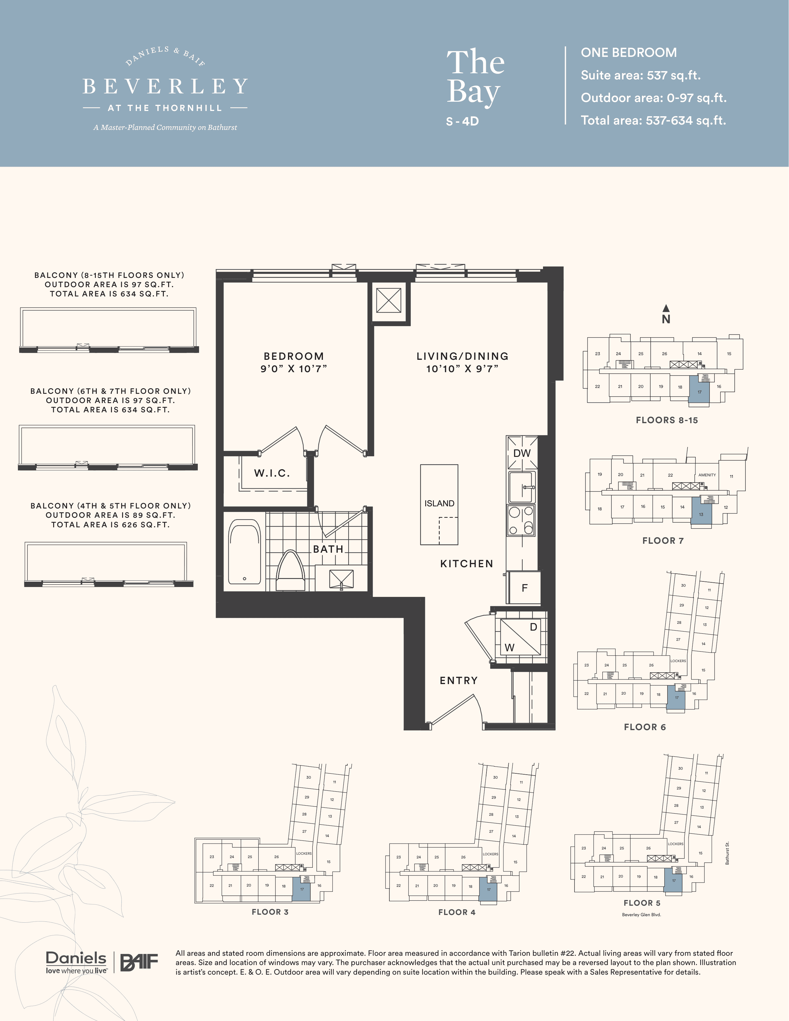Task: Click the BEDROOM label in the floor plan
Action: (294, 356)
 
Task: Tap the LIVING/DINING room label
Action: (462, 356)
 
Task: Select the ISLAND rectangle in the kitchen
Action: (439, 504)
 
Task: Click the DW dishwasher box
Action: (522, 453)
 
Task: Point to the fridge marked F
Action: (524, 588)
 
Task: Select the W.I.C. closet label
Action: (272, 473)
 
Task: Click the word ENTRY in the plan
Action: (459, 681)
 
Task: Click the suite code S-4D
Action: (462, 121)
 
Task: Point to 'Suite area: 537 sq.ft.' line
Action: (640, 75)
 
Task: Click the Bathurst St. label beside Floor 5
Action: (727, 853)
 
